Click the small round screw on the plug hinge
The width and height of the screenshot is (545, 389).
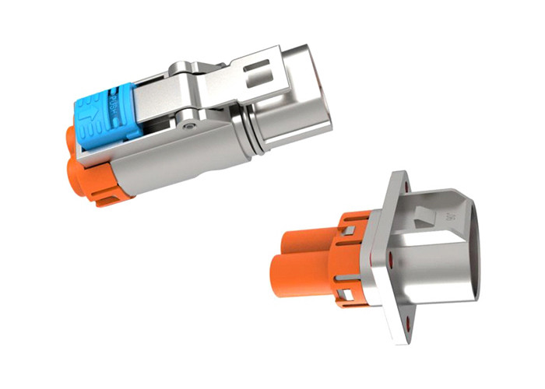click(189, 124)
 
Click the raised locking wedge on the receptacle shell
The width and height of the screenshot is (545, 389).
click(424, 214)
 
